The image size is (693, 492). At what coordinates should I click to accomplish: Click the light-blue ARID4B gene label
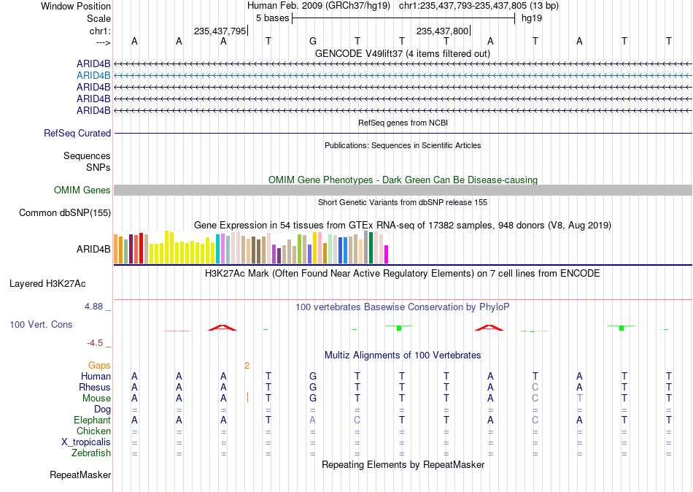coord(93,76)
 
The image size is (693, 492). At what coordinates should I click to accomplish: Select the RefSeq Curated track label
coord(77,133)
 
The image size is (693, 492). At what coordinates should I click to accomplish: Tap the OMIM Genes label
coord(82,191)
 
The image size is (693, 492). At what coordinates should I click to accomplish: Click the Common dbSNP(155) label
coord(65,213)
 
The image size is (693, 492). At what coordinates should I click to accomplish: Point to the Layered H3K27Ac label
coord(47,284)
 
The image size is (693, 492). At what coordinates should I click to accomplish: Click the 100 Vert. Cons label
coord(41,324)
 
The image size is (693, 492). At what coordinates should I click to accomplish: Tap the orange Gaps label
coord(99,366)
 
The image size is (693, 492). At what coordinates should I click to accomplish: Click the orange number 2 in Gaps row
coord(247,366)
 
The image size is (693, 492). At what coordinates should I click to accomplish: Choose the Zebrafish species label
coord(91,453)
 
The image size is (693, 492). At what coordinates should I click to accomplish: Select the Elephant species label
coord(92,420)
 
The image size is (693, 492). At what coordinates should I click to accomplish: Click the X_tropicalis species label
coord(86,442)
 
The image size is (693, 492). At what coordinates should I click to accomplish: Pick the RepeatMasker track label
coord(80,474)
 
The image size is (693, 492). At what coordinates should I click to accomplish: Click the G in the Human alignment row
coord(313,377)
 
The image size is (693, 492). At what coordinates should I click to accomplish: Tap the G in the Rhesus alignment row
coord(313,387)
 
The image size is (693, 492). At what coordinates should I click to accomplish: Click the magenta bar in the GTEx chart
coord(387,255)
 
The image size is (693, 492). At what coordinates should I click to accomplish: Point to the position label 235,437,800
coord(442,31)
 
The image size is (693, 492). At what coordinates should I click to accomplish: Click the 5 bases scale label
coord(272,18)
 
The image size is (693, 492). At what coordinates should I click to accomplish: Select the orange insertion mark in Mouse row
coord(247,397)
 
